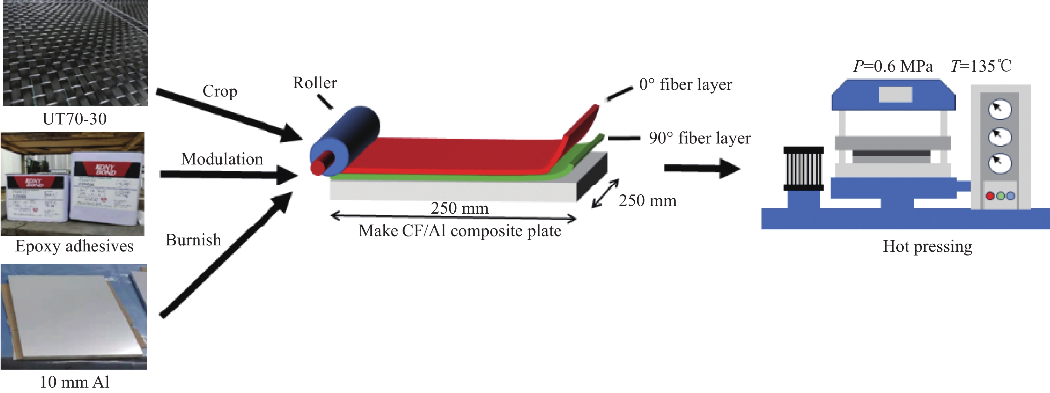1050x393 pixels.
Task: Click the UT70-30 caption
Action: pos(75,119)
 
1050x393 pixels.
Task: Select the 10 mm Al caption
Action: pos(75,382)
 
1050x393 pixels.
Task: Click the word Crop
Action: pos(220,91)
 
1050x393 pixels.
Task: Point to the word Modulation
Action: pos(222,159)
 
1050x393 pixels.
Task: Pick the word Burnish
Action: pos(193,240)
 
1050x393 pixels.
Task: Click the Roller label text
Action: pos(315,83)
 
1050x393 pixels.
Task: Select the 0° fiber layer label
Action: pos(685,85)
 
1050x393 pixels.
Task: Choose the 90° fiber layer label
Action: pos(699,138)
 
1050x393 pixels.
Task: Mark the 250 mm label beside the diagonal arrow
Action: pos(647,201)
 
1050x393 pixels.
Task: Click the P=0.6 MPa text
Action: pos(893,66)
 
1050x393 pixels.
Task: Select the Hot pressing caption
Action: pos(927,247)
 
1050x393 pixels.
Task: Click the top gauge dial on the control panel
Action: pos(1000,109)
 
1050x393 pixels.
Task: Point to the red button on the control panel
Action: pos(990,196)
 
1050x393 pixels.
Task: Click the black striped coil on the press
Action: pos(803,168)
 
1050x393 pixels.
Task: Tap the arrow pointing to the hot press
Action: pos(701,168)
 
